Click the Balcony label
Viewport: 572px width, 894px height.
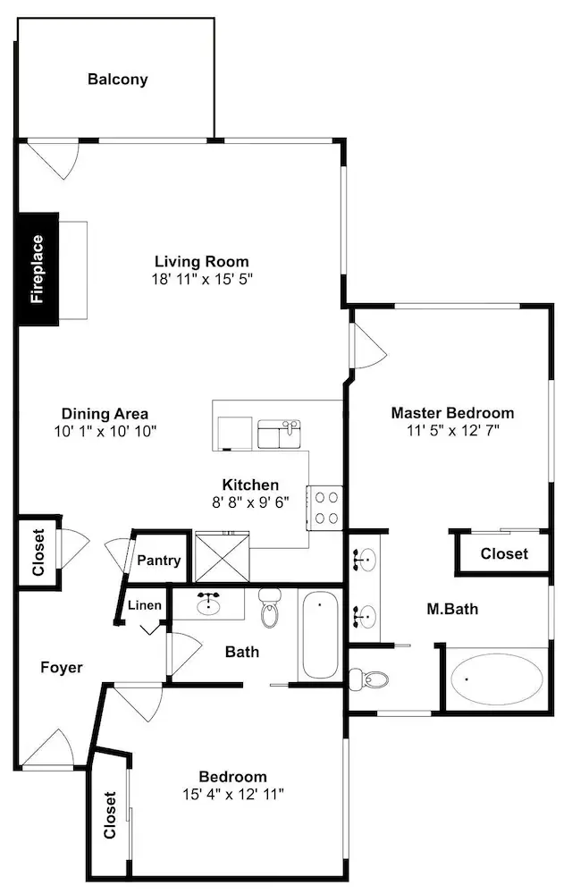[x=117, y=80]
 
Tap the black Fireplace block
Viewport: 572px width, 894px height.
[x=38, y=269]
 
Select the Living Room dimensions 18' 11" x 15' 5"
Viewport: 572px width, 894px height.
[x=202, y=279]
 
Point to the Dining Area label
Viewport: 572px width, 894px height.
[x=105, y=414]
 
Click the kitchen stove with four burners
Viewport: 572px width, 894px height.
[x=324, y=508]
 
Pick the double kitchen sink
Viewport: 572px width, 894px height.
[x=279, y=434]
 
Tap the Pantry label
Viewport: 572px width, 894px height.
[x=159, y=561]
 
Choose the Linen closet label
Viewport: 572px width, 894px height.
[x=145, y=605]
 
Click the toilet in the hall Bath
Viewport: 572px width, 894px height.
[x=270, y=607]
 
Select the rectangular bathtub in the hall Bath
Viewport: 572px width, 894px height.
[x=320, y=635]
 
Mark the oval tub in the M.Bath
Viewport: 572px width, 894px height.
[x=494, y=679]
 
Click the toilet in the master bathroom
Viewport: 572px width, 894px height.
[x=368, y=679]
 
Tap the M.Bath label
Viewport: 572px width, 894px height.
[x=452, y=610]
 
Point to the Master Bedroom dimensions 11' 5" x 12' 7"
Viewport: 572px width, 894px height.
[x=453, y=431]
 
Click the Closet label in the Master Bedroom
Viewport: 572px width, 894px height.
[x=504, y=553]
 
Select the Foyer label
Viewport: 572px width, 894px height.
[x=62, y=668]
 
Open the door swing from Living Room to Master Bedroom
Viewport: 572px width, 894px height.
[x=369, y=346]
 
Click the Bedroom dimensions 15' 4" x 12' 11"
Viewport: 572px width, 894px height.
[x=233, y=794]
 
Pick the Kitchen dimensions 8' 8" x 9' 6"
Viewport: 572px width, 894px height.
[x=250, y=502]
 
